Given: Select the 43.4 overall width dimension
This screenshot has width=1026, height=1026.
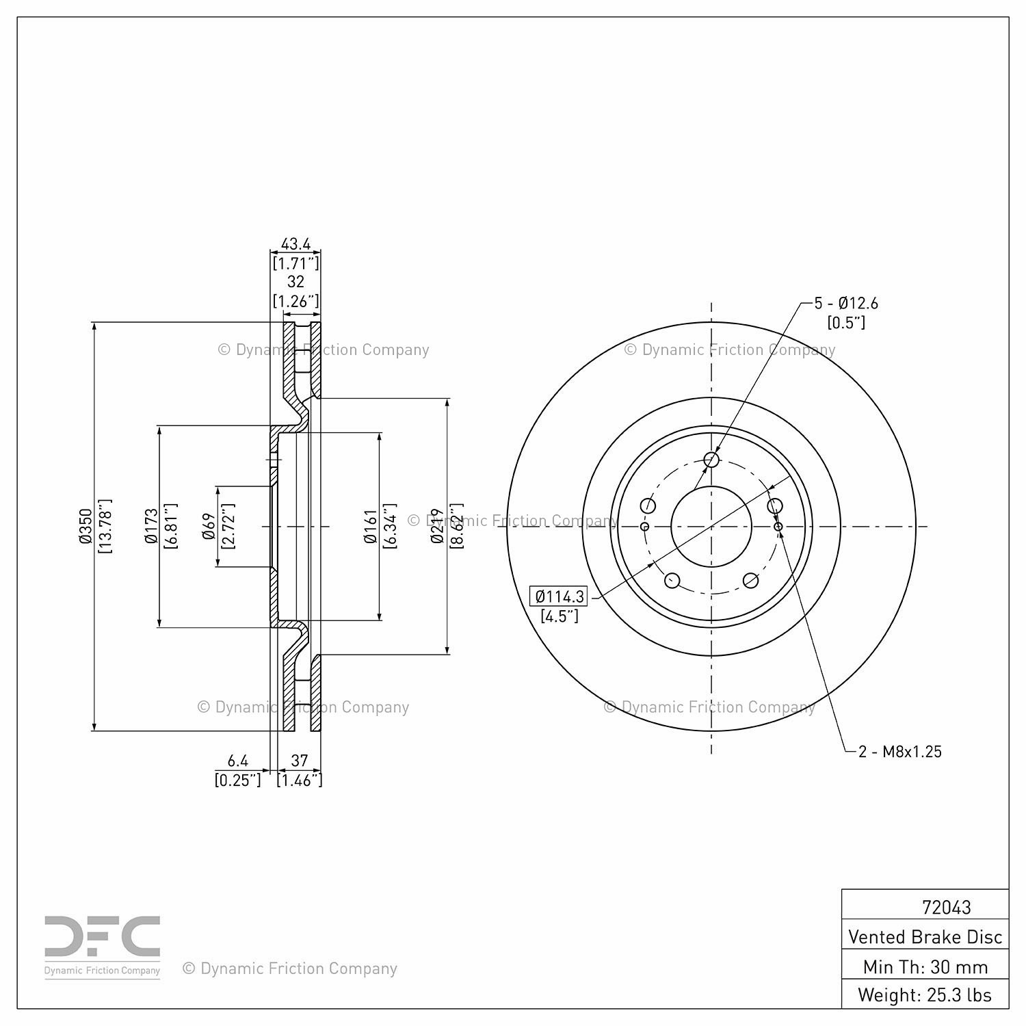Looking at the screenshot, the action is pos(295,244).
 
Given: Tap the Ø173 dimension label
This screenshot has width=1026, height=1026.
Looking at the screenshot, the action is pos(151,526).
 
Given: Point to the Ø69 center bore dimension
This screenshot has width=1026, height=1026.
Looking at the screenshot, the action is pos(209,526).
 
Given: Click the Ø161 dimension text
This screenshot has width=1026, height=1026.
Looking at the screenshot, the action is pos(371,526).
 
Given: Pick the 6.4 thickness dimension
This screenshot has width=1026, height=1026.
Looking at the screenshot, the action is pos(237,760).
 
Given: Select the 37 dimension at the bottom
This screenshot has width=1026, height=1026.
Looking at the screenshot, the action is pos(300,760).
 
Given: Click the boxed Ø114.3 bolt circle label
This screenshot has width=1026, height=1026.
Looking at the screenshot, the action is pos(559,596).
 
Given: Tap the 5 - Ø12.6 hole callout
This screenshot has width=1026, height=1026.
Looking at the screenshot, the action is pos(846,302).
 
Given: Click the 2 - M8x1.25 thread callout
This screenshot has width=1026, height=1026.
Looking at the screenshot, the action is pos(900,751).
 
